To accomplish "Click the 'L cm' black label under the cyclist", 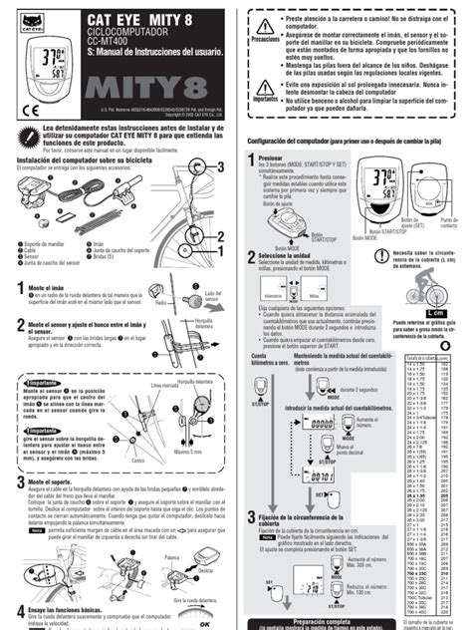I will click(434, 312).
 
